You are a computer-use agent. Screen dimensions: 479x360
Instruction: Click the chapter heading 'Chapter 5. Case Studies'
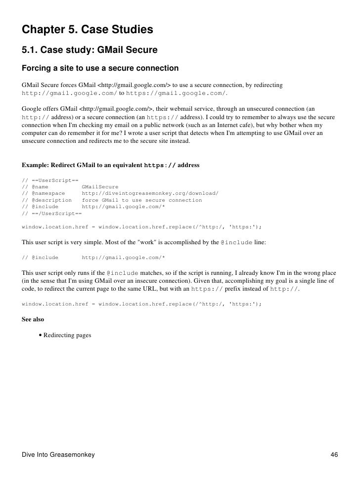88,31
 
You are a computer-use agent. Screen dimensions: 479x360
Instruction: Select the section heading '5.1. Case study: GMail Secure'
90,50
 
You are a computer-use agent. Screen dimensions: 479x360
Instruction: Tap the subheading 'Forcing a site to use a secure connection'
100,67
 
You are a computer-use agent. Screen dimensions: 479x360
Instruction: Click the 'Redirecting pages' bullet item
67,335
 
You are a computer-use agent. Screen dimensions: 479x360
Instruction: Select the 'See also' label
33,319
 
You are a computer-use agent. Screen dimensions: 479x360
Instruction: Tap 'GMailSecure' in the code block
100,187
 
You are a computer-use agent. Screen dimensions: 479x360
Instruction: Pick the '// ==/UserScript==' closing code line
52,214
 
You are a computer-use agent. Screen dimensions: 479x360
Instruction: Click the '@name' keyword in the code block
40,187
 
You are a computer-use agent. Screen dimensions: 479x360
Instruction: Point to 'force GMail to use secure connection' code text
142,200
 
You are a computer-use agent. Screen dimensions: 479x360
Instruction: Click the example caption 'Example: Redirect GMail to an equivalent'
82,165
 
